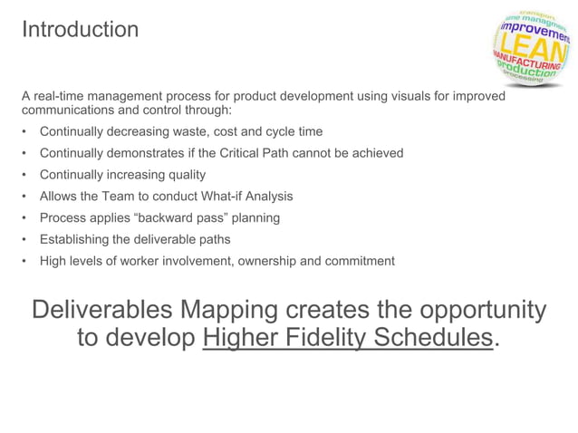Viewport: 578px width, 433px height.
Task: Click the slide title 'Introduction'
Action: click(80, 29)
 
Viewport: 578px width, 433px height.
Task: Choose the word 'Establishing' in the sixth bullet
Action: click(75, 240)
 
